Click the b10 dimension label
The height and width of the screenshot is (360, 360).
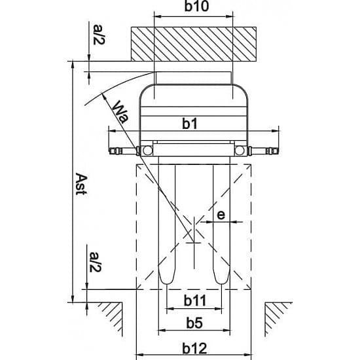(x=196, y=6)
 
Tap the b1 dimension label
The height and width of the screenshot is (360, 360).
(x=190, y=124)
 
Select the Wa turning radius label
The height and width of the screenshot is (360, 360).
(x=121, y=112)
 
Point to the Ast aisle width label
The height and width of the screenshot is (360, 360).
(x=81, y=184)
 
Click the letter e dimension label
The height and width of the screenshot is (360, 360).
(x=221, y=215)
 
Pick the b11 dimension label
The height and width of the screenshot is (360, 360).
(x=195, y=300)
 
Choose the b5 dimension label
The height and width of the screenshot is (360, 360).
(x=194, y=323)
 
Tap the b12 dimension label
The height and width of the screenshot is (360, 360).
(x=194, y=348)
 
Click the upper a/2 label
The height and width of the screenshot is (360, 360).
(x=99, y=35)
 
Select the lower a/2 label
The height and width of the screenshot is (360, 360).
(x=95, y=262)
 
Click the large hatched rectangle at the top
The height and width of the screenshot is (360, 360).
(x=194, y=44)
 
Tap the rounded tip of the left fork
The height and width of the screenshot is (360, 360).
(x=167, y=283)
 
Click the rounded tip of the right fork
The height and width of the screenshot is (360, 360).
(x=221, y=283)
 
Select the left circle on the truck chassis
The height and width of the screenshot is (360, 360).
(x=147, y=151)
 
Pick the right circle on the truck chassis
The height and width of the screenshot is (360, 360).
(x=240, y=151)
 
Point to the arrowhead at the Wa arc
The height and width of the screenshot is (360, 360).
(x=103, y=96)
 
